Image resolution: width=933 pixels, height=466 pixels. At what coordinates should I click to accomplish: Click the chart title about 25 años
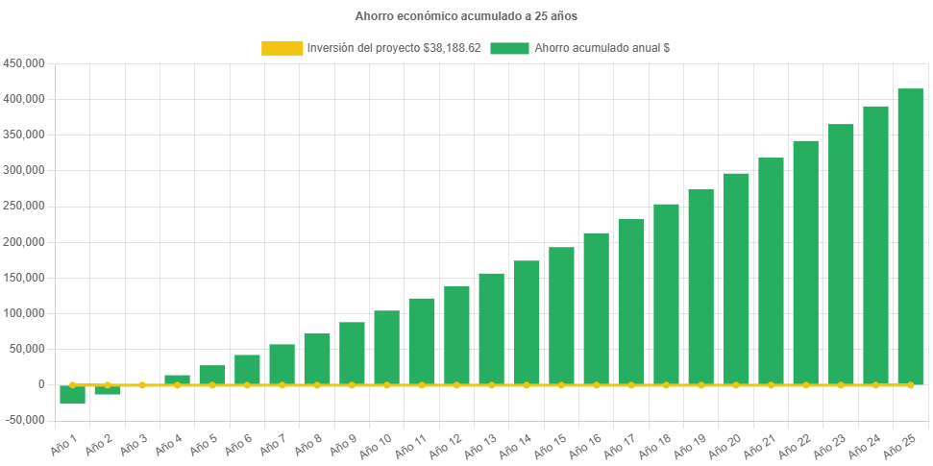[x=466, y=16]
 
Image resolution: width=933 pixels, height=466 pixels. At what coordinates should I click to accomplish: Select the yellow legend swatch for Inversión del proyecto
[x=281, y=48]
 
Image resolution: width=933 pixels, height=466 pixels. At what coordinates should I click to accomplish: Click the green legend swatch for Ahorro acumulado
[x=509, y=48]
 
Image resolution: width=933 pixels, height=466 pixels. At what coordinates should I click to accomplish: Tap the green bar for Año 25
[x=910, y=235]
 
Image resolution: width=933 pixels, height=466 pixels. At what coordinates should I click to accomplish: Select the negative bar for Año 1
[x=72, y=395]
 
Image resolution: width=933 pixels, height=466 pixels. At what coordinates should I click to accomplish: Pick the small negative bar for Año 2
[x=107, y=390]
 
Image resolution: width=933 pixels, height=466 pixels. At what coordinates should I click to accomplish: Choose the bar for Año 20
[x=736, y=279]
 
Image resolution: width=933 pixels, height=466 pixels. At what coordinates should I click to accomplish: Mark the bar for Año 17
[x=631, y=302]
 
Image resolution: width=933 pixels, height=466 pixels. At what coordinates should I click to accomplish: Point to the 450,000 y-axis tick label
[x=25, y=63]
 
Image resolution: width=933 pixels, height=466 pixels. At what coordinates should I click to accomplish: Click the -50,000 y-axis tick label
[x=24, y=420]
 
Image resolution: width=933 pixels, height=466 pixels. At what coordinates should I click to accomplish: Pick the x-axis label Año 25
[x=901, y=444]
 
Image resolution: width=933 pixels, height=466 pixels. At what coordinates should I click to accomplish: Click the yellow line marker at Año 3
[x=142, y=384]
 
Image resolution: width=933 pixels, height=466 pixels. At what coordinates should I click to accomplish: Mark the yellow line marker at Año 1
[x=72, y=384]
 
